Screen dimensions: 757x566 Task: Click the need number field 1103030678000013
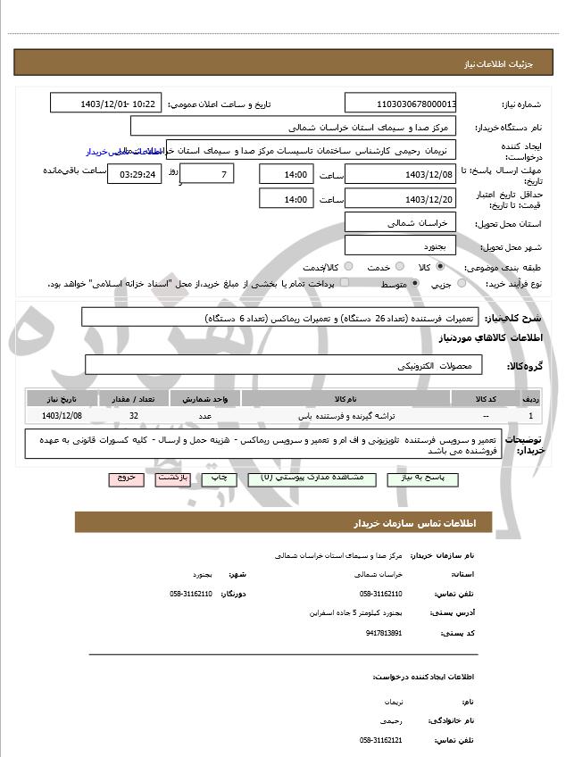400,104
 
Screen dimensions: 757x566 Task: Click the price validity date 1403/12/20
400,199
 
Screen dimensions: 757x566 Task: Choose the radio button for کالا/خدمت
348,267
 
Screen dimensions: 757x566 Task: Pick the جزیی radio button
462,284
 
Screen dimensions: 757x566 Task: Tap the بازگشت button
171,479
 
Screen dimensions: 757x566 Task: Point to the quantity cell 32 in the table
134,416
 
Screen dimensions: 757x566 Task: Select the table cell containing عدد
204,416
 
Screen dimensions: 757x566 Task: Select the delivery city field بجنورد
400,245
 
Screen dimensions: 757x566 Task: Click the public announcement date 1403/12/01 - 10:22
106,104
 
